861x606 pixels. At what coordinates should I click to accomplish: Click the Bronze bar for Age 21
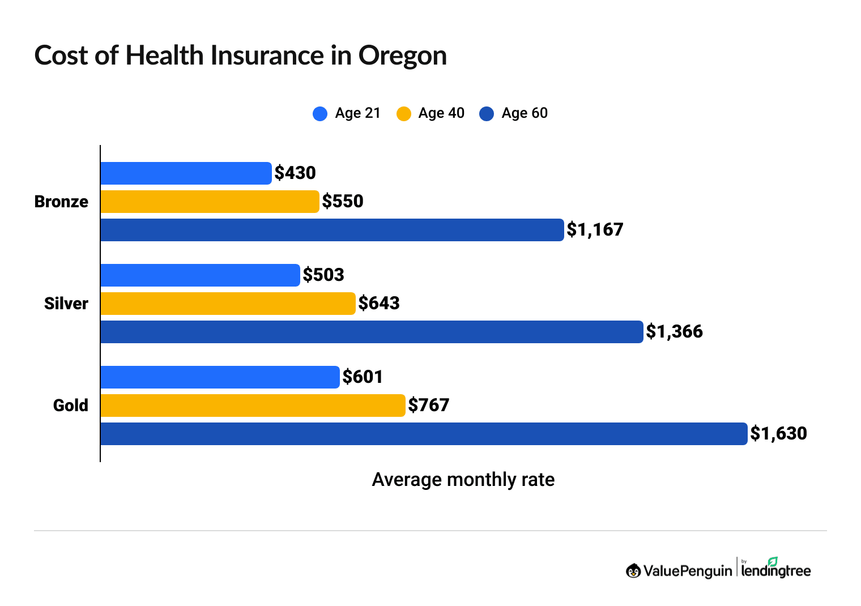[186, 173]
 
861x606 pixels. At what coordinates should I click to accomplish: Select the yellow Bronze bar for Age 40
[210, 202]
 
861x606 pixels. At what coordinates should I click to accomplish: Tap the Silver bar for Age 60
[372, 332]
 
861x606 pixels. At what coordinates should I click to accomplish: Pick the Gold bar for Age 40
[253, 406]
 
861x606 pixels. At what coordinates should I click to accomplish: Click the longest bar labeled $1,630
[424, 434]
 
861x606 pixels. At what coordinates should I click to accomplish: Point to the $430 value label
[295, 173]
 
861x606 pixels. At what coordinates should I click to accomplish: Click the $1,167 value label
[595, 229]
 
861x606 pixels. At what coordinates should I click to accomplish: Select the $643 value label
[379, 303]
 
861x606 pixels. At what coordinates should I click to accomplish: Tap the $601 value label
[363, 377]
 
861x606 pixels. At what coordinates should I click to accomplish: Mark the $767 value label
[429, 405]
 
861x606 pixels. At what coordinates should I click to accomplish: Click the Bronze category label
[61, 202]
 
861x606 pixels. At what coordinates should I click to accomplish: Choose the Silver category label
[66, 304]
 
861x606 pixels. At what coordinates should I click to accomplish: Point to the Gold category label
[71, 406]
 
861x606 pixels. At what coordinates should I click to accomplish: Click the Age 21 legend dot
[320, 114]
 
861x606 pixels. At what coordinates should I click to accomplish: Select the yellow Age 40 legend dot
[404, 114]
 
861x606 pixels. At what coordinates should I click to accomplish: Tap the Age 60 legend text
[525, 113]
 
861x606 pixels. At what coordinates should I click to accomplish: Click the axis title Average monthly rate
[463, 480]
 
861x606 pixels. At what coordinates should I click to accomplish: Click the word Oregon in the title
[402, 56]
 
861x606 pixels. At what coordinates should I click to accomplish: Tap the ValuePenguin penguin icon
[633, 571]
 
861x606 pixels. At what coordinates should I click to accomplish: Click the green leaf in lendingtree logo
[773, 561]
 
